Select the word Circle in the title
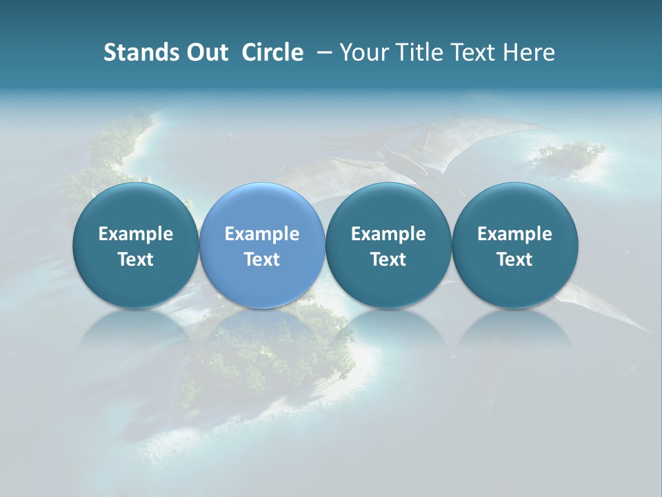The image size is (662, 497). click(272, 52)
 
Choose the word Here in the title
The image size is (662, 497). click(530, 52)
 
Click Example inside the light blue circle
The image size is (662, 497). click(262, 234)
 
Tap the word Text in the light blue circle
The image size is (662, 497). click(262, 260)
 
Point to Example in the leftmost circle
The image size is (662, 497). click(136, 234)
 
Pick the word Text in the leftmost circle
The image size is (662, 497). click(136, 260)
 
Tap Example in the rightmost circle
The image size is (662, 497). click(515, 234)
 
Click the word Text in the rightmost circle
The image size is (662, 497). click(515, 260)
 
